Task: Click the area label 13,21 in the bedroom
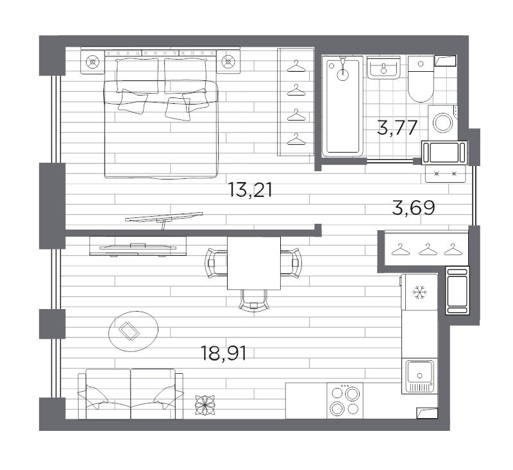[x=250, y=190]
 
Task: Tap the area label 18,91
[x=224, y=353]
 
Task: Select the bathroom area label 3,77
[x=397, y=128]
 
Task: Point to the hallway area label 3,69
[x=414, y=208]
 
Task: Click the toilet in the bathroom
[x=421, y=78]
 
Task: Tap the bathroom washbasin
[x=383, y=67]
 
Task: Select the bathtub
[x=342, y=106]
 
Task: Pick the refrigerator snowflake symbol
[x=419, y=292]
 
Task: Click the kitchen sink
[x=420, y=376]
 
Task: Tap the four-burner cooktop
[x=345, y=401]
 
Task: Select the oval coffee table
[x=133, y=331]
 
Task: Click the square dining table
[x=254, y=264]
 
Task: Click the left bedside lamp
[x=93, y=62]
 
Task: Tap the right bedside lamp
[x=228, y=61]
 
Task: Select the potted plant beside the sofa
[x=205, y=405]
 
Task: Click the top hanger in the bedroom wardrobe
[x=296, y=67]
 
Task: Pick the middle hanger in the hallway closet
[x=428, y=249]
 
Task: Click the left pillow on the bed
[x=137, y=76]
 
